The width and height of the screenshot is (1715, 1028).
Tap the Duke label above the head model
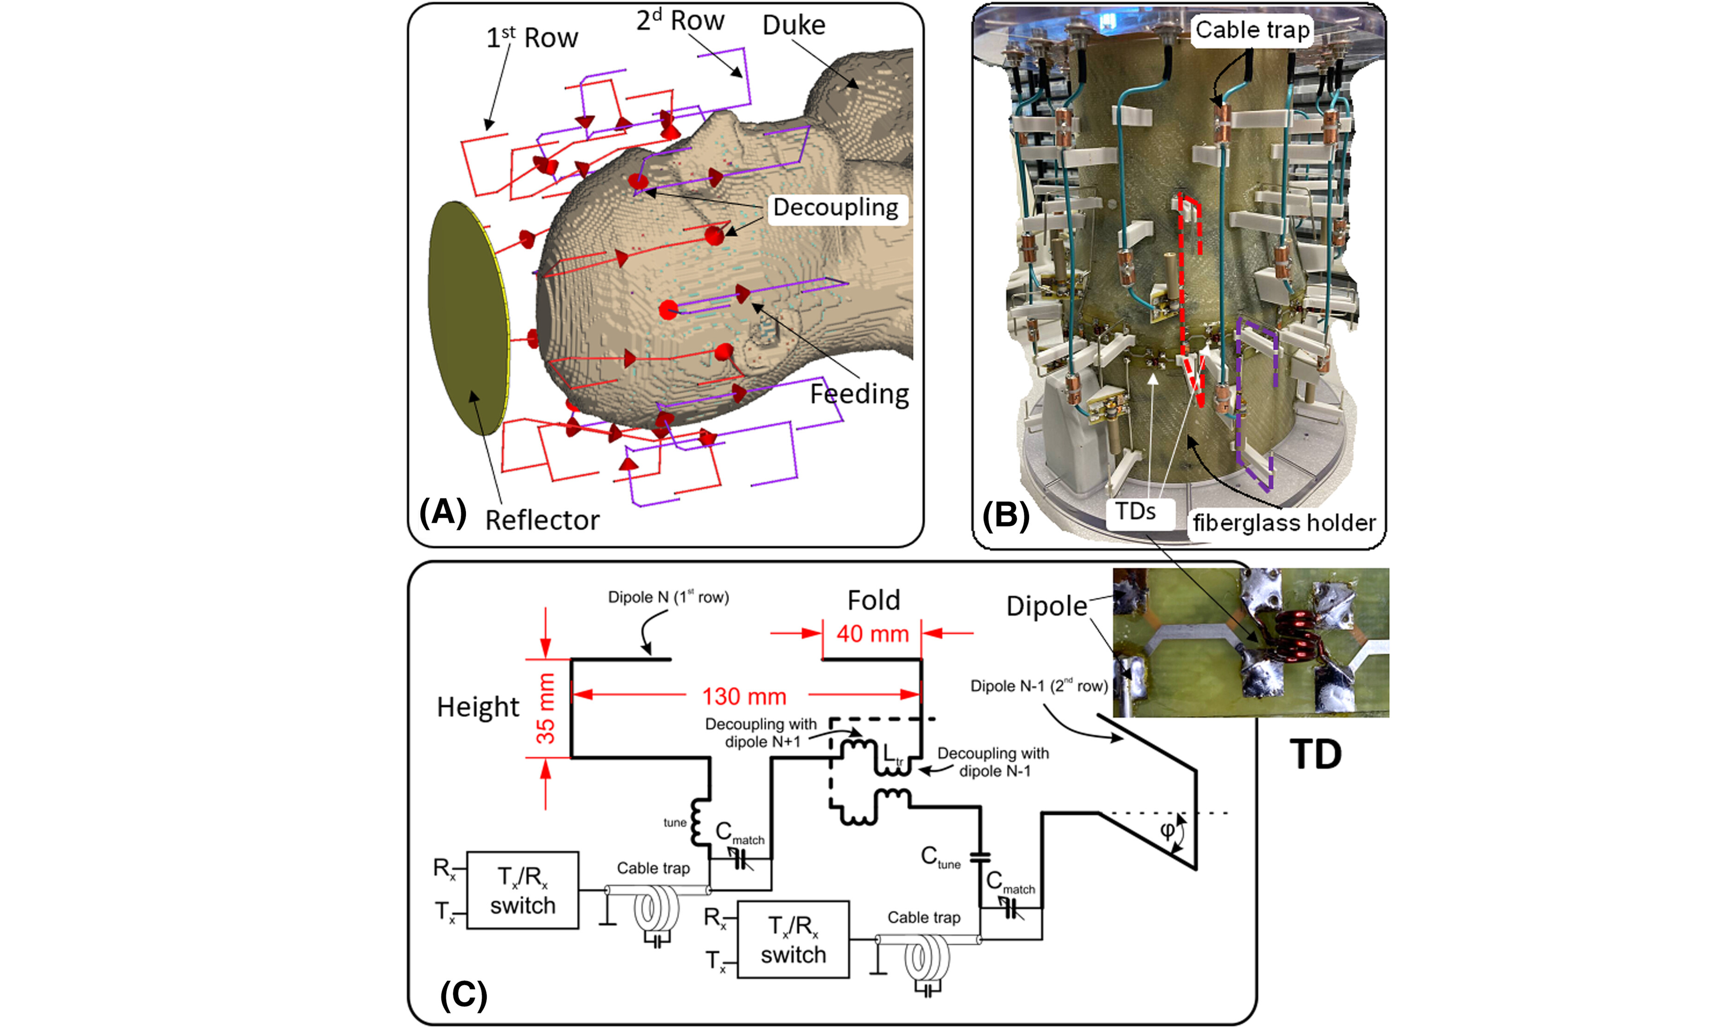coord(794,25)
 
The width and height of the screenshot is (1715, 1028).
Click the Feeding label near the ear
coord(859,394)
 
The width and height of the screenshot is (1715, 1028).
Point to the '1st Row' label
coord(532,38)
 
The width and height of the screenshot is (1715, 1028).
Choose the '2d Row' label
coord(680,21)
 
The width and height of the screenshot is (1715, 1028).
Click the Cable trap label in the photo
coord(1252,30)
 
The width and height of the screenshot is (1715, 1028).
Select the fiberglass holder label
coord(1284,523)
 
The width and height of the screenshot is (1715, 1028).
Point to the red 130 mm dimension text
coord(744,696)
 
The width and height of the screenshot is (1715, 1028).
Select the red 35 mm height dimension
coord(546,708)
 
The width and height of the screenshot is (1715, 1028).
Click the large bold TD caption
coord(1316,754)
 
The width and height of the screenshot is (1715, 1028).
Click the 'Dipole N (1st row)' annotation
coord(668,597)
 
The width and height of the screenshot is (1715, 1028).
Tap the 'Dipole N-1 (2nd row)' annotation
coord(1038,686)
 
